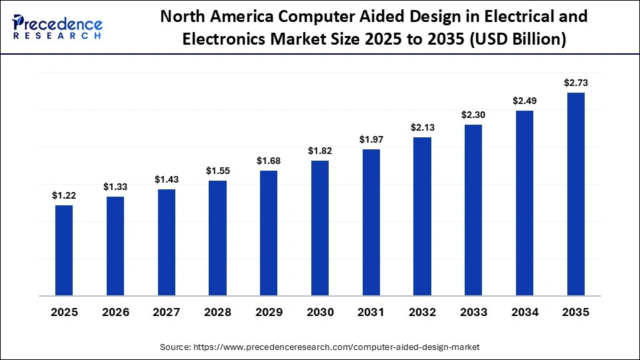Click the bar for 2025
click(64, 250)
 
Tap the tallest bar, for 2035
click(575, 194)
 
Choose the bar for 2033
click(473, 210)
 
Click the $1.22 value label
click(64, 195)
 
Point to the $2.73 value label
click(575, 83)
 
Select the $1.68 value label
click(269, 161)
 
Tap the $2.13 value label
click(422, 127)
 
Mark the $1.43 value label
click(167, 179)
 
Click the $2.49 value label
click(525, 101)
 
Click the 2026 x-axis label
click(115, 313)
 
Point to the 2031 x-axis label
click(371, 313)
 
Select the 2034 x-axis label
click(525, 313)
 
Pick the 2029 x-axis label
click(269, 313)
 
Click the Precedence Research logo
click(57, 27)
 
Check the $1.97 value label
click(371, 139)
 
